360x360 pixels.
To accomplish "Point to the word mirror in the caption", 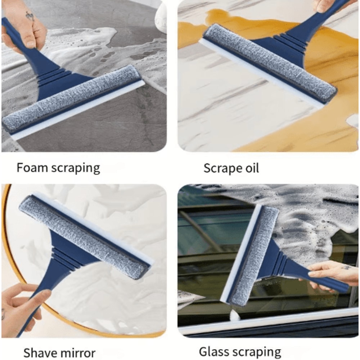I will click(77, 352).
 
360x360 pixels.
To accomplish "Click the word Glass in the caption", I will click(212, 351).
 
